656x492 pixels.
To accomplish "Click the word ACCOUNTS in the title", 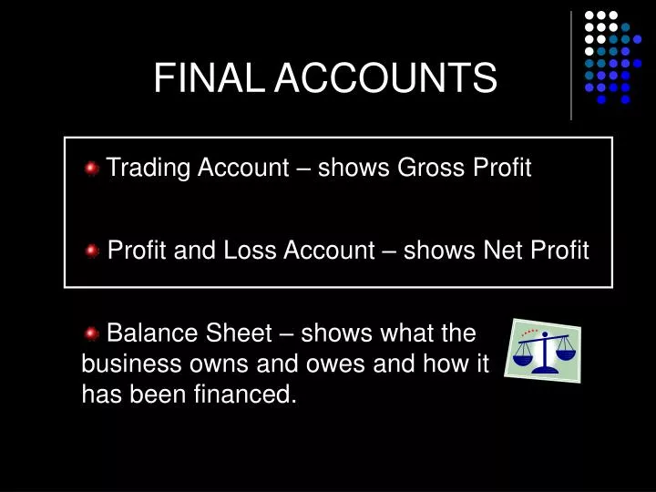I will (386, 79).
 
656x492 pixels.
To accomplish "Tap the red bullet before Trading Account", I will (92, 169).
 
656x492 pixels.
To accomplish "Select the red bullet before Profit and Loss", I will (92, 251).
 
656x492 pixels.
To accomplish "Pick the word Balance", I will (149, 333).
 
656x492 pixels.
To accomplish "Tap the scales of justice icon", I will (544, 350).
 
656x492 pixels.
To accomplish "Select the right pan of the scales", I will (566, 349).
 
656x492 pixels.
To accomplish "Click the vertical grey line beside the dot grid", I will (571, 65).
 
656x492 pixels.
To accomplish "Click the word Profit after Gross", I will (500, 168).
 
